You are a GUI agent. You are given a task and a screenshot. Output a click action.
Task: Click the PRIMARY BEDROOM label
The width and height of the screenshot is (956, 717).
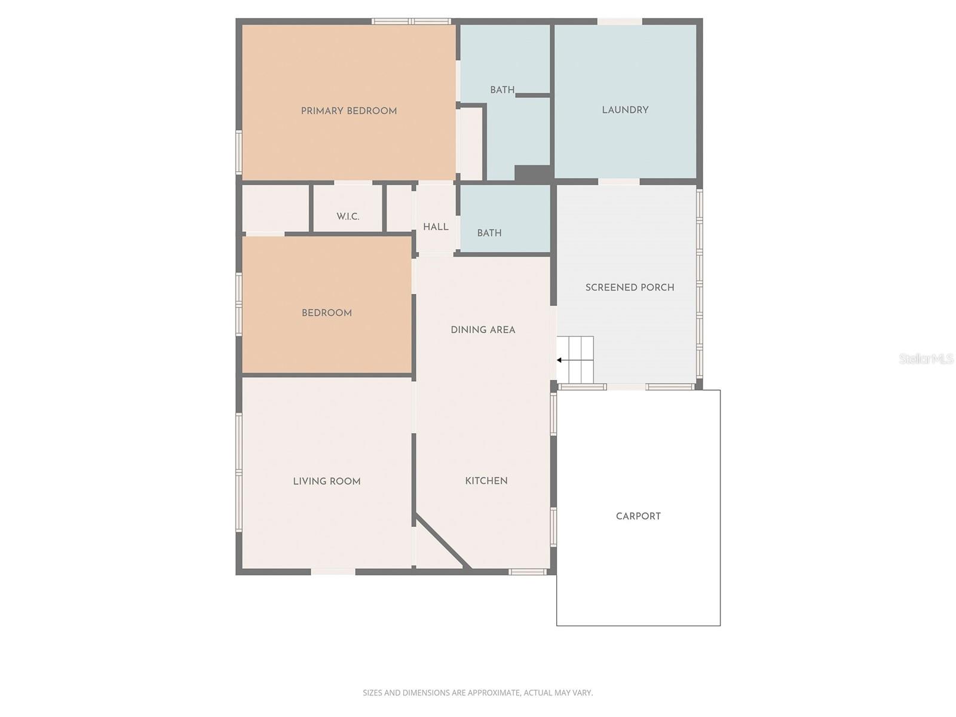pyautogui.click(x=348, y=111)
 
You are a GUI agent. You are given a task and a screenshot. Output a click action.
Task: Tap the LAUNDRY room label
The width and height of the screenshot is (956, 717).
pyautogui.click(x=625, y=110)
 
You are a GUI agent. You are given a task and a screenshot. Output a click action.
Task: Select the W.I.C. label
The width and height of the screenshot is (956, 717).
pyautogui.click(x=348, y=216)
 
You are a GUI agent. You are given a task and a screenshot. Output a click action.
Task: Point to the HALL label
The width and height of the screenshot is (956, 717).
pyautogui.click(x=436, y=227)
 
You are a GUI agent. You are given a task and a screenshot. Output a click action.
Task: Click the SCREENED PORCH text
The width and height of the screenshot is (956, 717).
pyautogui.click(x=630, y=287)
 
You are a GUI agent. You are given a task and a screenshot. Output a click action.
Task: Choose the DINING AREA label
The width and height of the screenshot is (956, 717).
pyautogui.click(x=483, y=330)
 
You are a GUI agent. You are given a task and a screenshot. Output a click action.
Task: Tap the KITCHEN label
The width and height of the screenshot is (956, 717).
pyautogui.click(x=486, y=481)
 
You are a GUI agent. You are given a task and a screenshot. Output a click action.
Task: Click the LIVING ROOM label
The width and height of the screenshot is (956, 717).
pyautogui.click(x=327, y=482)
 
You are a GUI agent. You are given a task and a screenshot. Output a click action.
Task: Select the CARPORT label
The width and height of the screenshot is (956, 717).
pyautogui.click(x=638, y=516)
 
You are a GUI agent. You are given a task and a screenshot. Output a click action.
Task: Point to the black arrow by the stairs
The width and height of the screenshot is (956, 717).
pyautogui.click(x=559, y=360)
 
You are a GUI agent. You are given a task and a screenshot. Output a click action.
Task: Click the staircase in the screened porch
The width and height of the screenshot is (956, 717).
pyautogui.click(x=576, y=360)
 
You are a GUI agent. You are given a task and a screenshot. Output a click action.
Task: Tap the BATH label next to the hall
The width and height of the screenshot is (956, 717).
pyautogui.click(x=489, y=233)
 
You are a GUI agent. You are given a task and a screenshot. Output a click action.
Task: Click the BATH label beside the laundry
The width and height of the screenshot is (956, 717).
pyautogui.click(x=502, y=90)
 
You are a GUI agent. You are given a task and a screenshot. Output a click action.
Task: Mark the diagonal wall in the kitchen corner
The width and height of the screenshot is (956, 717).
pyautogui.click(x=443, y=541)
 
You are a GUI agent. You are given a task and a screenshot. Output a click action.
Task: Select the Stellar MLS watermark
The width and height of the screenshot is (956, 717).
pyautogui.click(x=926, y=358)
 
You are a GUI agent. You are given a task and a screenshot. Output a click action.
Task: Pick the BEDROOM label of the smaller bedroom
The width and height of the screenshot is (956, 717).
pyautogui.click(x=327, y=313)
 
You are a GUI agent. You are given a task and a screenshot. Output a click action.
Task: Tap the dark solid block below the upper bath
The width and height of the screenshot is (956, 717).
pyautogui.click(x=532, y=174)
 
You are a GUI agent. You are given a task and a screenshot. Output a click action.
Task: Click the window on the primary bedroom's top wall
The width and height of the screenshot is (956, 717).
pyautogui.click(x=411, y=22)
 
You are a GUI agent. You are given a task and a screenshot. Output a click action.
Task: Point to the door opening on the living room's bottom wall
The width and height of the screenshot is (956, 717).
pyautogui.click(x=333, y=572)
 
